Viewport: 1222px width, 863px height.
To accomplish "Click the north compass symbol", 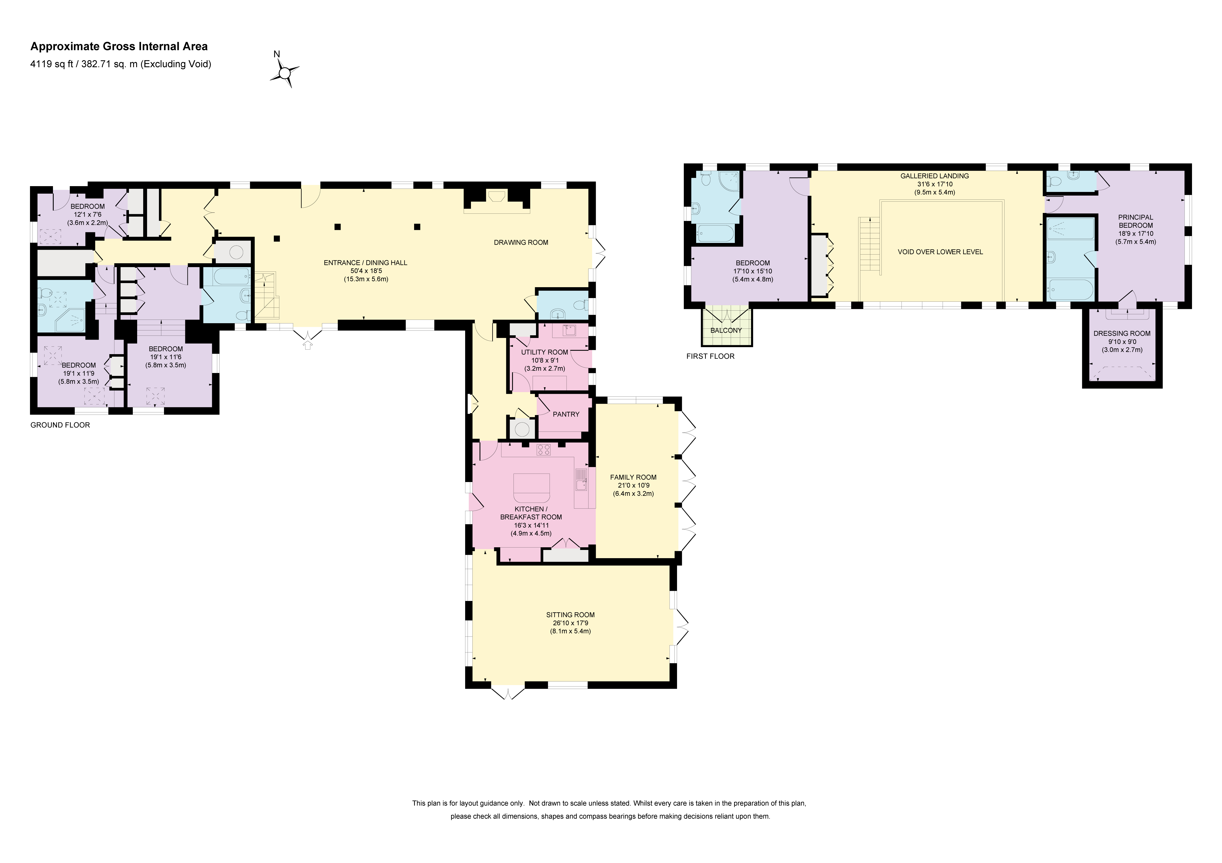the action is click(x=285, y=72).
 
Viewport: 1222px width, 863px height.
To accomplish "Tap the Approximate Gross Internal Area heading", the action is click(x=119, y=46).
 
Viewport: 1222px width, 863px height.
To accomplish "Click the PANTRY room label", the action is click(x=566, y=414).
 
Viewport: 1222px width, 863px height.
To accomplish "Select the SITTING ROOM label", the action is click(x=570, y=614).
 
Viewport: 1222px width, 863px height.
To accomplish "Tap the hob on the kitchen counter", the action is click(x=544, y=450).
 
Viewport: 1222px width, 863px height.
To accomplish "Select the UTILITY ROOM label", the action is click(x=544, y=352).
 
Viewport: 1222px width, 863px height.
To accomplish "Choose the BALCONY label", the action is click(x=726, y=330).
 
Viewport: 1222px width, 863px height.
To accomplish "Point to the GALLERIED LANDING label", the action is click(x=935, y=176).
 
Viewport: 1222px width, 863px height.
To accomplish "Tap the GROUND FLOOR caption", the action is click(x=60, y=425).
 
